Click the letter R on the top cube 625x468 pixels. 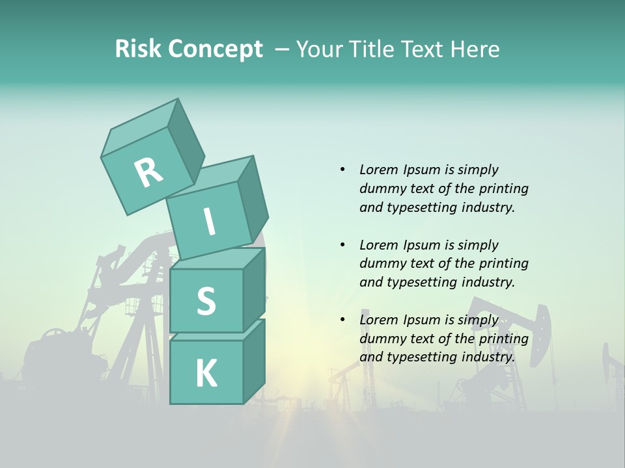[x=148, y=172]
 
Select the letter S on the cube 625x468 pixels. [x=206, y=301]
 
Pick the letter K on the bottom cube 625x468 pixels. [x=206, y=373]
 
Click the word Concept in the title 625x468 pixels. [x=215, y=49]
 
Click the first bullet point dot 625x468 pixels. [x=342, y=170]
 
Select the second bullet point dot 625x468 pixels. [x=342, y=245]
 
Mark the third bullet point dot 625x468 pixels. [x=342, y=320]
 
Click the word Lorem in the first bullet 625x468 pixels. [x=379, y=170]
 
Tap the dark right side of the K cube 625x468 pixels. [x=254, y=361]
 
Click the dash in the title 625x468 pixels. [x=283, y=49]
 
